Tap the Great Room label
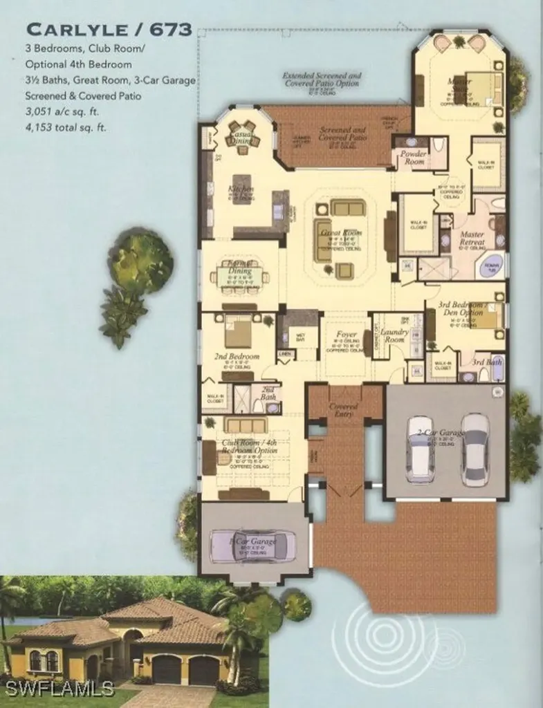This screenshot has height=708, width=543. tap(341, 233)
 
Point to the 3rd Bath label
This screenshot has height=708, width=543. tap(487, 362)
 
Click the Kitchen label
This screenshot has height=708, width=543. tap(241, 189)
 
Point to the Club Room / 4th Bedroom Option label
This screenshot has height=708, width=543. tap(249, 447)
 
